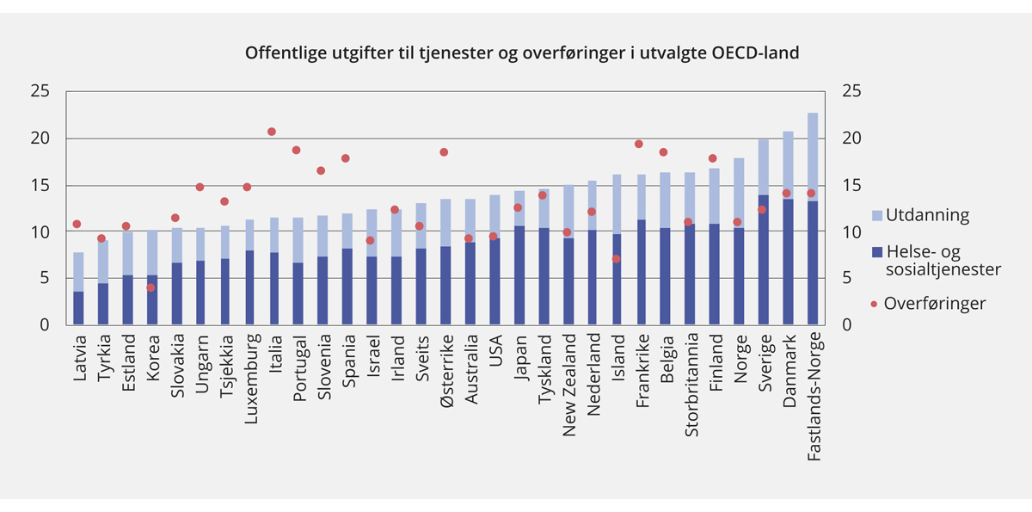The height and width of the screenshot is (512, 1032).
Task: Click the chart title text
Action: coord(522,52)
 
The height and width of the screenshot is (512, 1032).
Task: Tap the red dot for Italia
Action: coord(272,132)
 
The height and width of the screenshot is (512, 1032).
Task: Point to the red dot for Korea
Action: coord(150,287)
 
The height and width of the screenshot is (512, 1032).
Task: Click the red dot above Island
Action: coord(616,259)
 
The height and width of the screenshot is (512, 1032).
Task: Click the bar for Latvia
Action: coord(78,289)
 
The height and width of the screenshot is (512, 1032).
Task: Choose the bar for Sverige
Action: coord(763,232)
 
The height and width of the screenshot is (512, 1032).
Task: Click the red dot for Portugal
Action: coord(296,150)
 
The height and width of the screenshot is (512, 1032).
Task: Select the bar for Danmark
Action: coord(787,228)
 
